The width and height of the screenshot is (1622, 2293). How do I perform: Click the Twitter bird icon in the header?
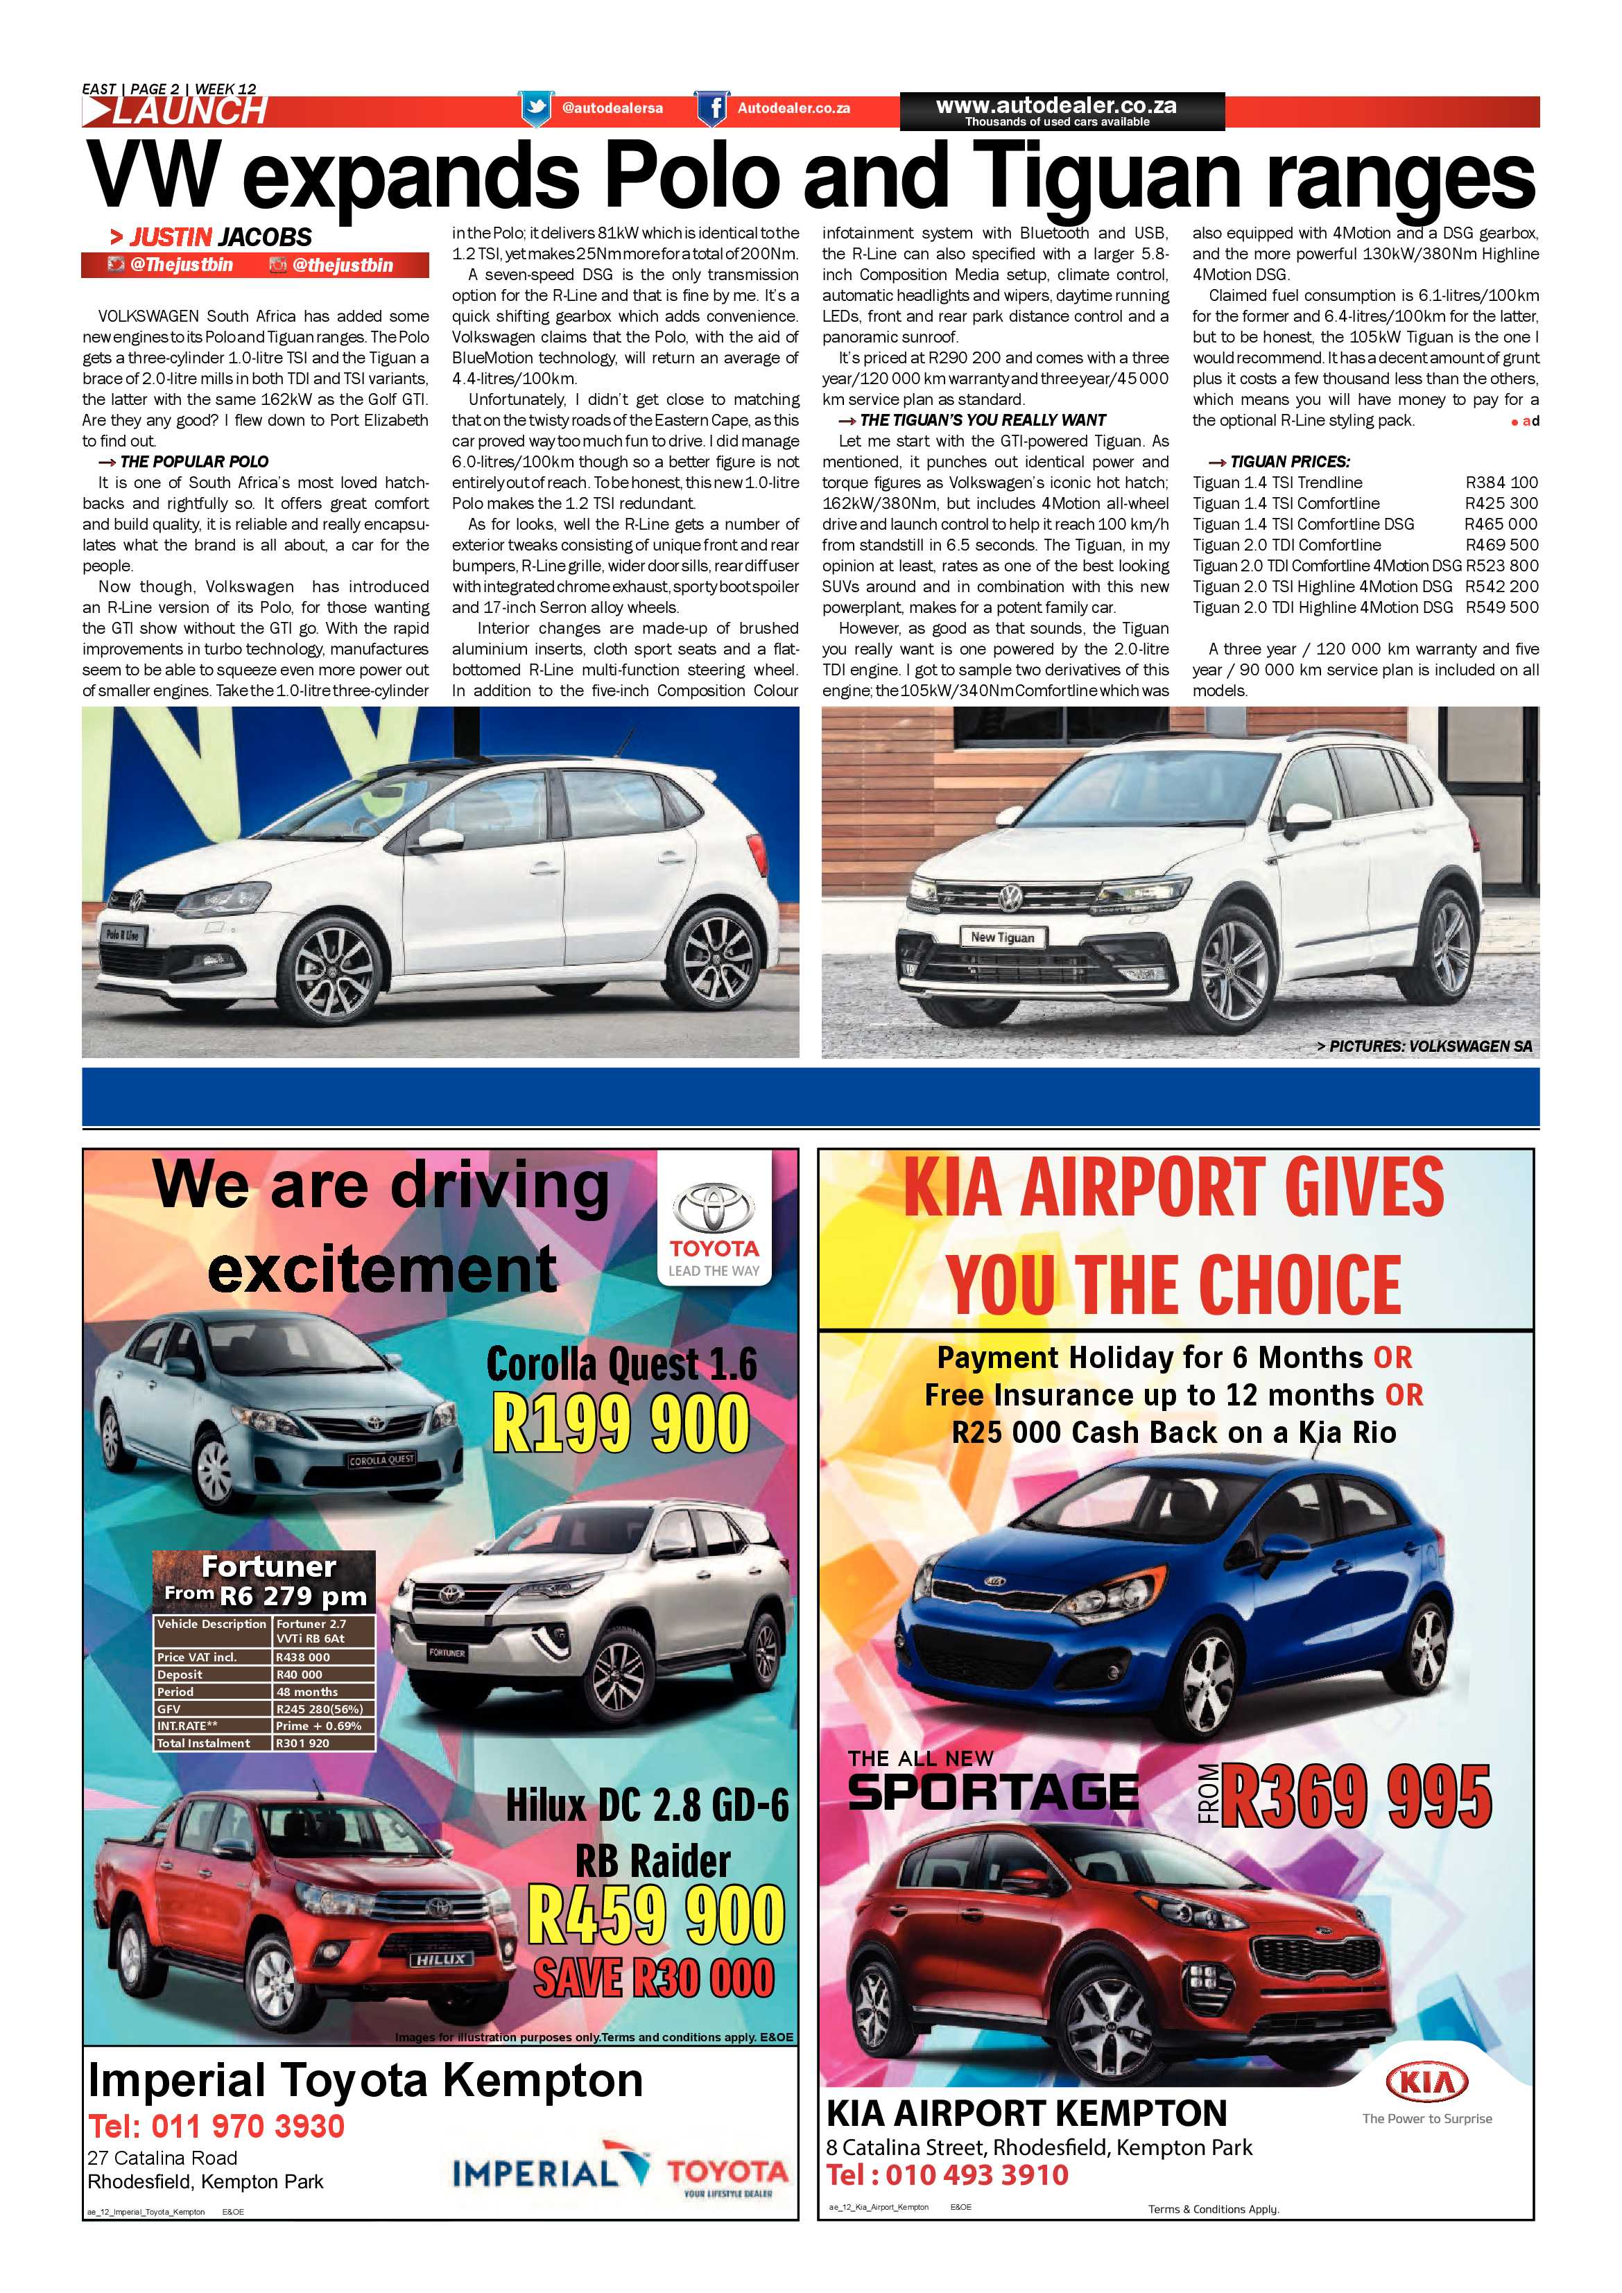point(536,108)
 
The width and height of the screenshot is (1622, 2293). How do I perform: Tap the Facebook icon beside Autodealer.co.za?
point(712,108)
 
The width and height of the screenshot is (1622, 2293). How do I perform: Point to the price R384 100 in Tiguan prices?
point(1501,483)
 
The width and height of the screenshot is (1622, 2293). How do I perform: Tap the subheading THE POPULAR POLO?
point(193,461)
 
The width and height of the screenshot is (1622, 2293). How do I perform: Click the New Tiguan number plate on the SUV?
point(1002,937)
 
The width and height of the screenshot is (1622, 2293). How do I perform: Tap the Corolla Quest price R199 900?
point(620,1425)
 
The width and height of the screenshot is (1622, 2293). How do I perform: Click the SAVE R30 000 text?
point(653,1978)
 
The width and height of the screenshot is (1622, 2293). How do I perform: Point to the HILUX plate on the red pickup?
point(440,1959)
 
